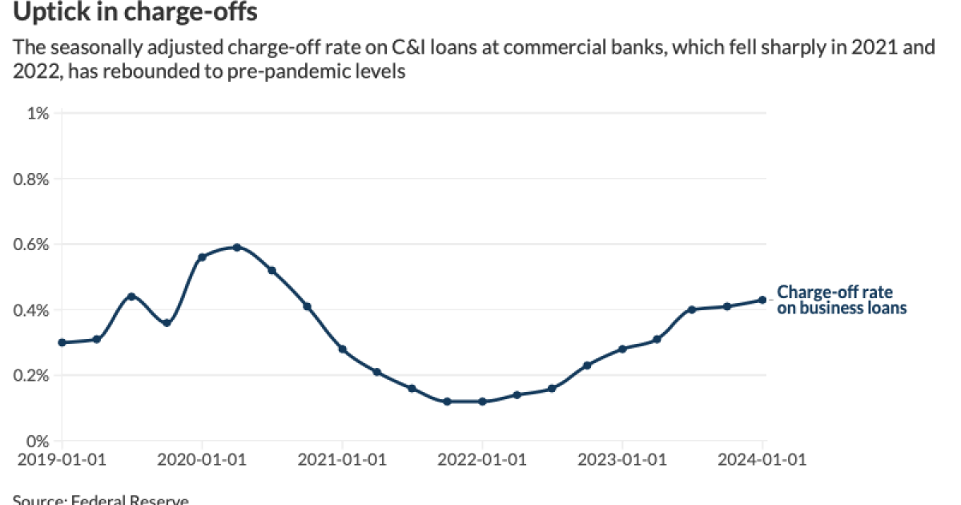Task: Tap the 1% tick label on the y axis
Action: (38, 113)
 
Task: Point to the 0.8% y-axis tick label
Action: (33, 179)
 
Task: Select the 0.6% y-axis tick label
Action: (33, 244)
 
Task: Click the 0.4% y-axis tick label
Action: (33, 310)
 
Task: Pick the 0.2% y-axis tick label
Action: (33, 376)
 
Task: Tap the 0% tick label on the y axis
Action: (38, 442)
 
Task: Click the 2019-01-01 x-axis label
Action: (62, 460)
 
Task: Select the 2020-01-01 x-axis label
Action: (202, 460)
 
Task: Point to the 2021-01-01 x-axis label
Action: (342, 460)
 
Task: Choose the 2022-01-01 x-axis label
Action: (482, 460)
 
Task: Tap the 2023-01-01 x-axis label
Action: (622, 460)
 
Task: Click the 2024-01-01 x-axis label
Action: (762, 460)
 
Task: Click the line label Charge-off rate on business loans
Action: (841, 300)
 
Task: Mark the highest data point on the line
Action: (237, 247)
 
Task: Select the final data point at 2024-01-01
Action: (762, 300)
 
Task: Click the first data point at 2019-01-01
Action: (62, 342)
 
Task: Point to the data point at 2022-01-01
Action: (482, 402)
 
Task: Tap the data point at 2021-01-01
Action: (342, 349)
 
